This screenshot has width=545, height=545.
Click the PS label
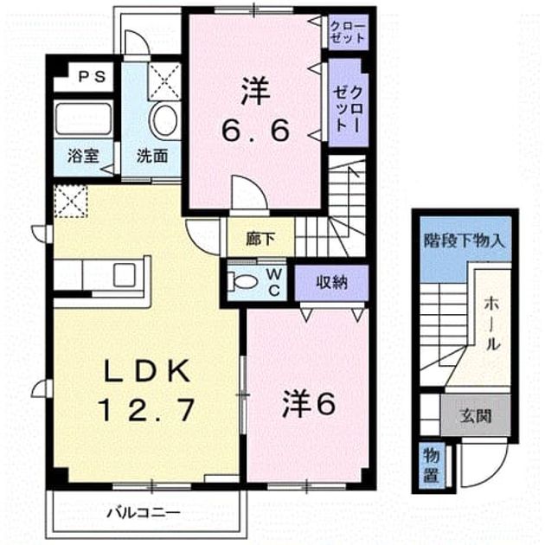pyautogui.click(x=92, y=77)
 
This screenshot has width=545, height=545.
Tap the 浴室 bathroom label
pyautogui.click(x=83, y=156)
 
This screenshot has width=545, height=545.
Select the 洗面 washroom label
pyautogui.click(x=152, y=156)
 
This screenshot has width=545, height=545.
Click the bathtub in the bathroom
pyautogui.click(x=83, y=119)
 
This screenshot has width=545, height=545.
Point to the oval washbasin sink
pyautogui.click(x=164, y=120)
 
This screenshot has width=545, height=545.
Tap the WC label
pyautogui.click(x=274, y=282)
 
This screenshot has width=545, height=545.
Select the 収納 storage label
pyautogui.click(x=332, y=282)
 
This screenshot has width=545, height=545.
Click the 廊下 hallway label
pyautogui.click(x=260, y=240)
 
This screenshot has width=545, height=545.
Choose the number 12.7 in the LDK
pyautogui.click(x=146, y=410)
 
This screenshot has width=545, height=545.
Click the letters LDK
pyautogui.click(x=147, y=371)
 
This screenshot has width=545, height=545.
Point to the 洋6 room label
pyautogui.click(x=309, y=404)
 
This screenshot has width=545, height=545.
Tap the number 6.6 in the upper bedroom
pyautogui.click(x=255, y=131)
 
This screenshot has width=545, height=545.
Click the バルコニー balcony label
pyautogui.click(x=144, y=513)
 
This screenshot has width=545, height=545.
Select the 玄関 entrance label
pyautogui.click(x=476, y=415)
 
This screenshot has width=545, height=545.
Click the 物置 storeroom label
pyautogui.click(x=432, y=465)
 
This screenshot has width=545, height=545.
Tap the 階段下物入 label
pyautogui.click(x=464, y=240)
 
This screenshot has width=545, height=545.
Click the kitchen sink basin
pyautogui.click(x=125, y=275)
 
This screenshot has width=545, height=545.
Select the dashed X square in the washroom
pyautogui.click(x=164, y=81)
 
